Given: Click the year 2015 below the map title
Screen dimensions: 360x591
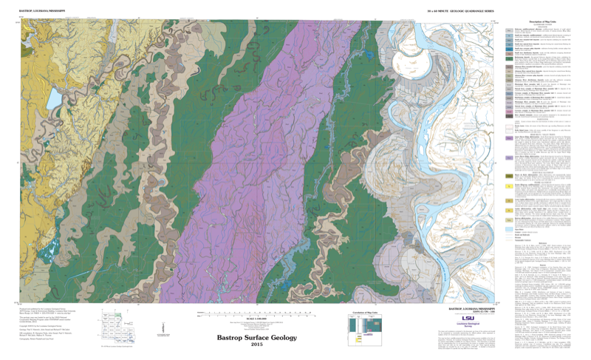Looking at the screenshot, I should coord(256,344).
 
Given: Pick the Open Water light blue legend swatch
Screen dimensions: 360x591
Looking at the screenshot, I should coord(510,230).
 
